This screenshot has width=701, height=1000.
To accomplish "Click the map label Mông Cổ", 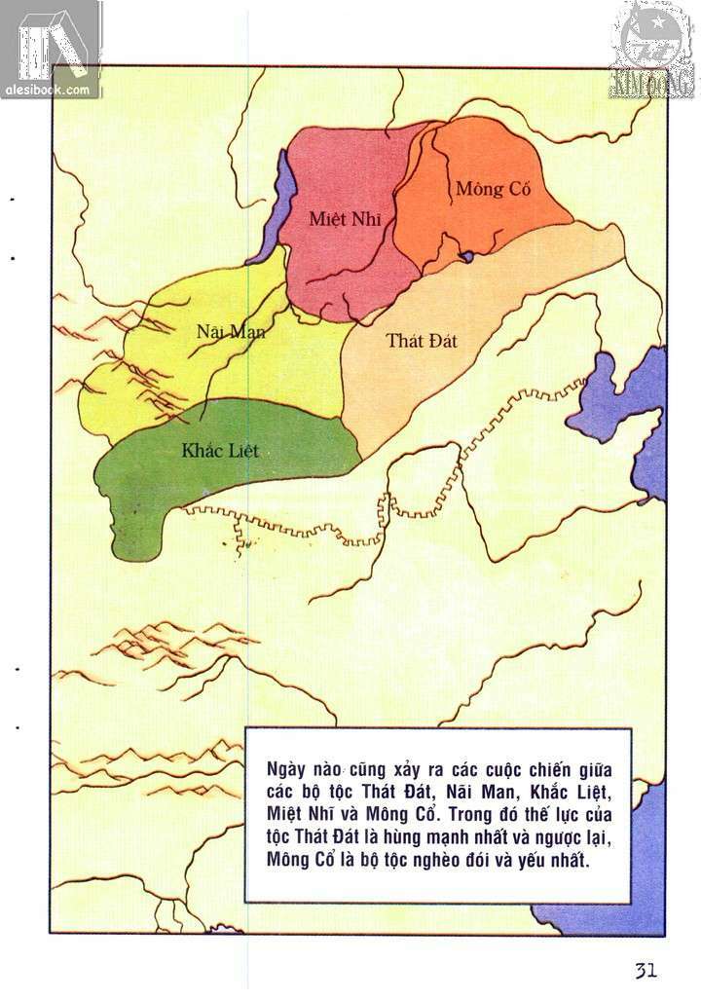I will click(x=494, y=189).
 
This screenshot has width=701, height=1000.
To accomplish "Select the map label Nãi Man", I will click(x=231, y=331).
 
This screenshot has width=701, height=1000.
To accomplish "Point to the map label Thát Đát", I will click(x=422, y=341).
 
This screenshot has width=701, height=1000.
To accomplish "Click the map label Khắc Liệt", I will click(x=220, y=451).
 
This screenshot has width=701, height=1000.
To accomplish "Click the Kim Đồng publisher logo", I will click(x=653, y=49).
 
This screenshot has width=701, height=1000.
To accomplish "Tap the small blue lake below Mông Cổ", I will click(x=467, y=257).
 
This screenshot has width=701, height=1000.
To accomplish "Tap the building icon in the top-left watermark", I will click(x=39, y=44).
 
